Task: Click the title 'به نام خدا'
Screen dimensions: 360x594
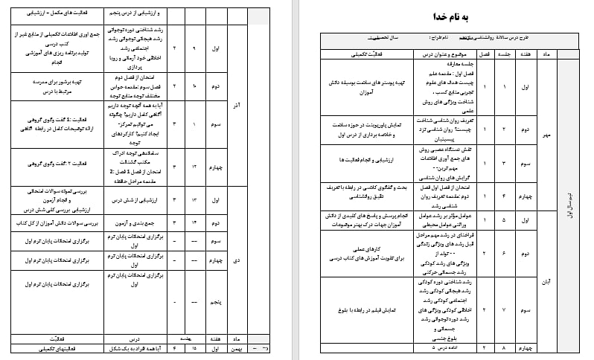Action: pyautogui.click(x=439, y=17)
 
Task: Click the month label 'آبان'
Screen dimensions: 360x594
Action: pyautogui.click(x=546, y=282)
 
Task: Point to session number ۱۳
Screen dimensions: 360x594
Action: pyautogui.click(x=194, y=200)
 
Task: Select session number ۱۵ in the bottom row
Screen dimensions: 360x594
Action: pyautogui.click(x=194, y=347)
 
